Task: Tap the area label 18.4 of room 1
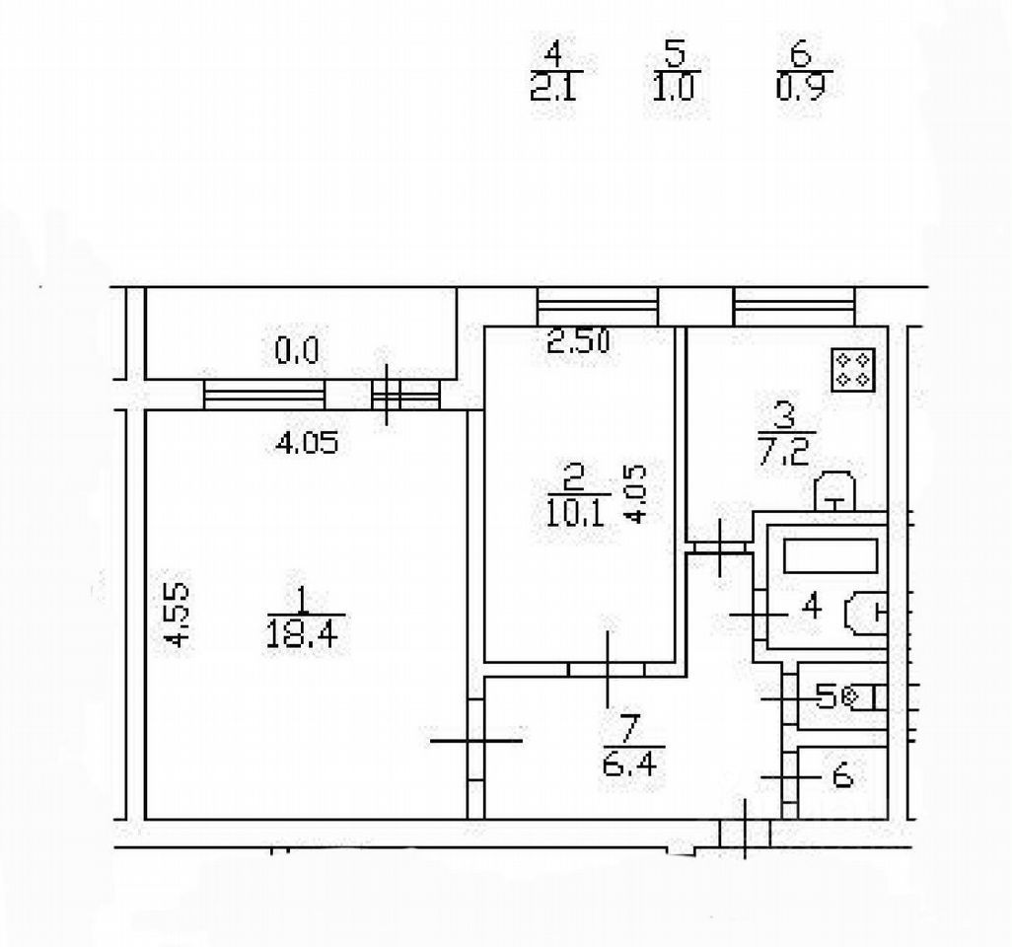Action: pos(301,632)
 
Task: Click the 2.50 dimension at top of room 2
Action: pos(579,342)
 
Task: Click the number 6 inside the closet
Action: pos(841,777)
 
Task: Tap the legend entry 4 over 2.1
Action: pos(558,71)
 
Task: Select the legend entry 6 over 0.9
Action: pos(799,71)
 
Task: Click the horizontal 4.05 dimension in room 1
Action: pos(307,443)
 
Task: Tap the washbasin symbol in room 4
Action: pos(865,611)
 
